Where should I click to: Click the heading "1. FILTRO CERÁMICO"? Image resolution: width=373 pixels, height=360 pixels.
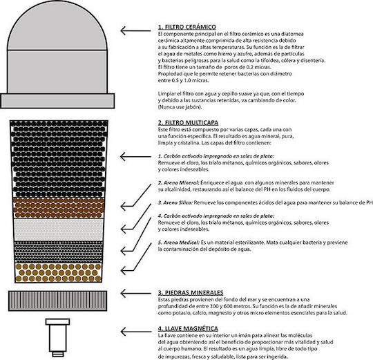[187, 27]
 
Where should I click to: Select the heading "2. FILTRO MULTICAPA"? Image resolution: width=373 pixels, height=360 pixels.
[188, 123]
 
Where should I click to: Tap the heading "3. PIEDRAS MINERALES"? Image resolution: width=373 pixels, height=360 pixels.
[191, 293]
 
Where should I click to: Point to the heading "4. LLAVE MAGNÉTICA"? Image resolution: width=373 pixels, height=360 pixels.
[188, 329]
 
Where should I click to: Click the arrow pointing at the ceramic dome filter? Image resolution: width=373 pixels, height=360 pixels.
[135, 30]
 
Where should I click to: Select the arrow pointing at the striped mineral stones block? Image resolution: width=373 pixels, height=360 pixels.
[135, 294]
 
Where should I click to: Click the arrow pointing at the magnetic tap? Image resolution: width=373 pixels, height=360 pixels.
[135, 332]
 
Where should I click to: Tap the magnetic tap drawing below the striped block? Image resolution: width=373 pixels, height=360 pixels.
[57, 337]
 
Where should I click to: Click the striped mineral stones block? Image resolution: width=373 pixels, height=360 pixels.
[57, 301]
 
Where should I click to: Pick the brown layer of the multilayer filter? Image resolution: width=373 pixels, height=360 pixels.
[59, 208]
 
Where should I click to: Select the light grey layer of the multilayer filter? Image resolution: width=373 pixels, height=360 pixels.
[59, 229]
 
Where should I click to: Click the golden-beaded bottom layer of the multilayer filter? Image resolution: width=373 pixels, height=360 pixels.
[59, 272]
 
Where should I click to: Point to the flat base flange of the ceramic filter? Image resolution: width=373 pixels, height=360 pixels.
[57, 101]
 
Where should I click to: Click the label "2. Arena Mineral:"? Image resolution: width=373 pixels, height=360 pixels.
[178, 182]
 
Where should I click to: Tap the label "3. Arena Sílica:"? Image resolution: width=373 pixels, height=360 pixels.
[175, 202]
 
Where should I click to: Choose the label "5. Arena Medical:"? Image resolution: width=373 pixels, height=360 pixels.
[179, 243]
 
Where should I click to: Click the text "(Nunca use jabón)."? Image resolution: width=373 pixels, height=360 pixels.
[180, 107]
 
